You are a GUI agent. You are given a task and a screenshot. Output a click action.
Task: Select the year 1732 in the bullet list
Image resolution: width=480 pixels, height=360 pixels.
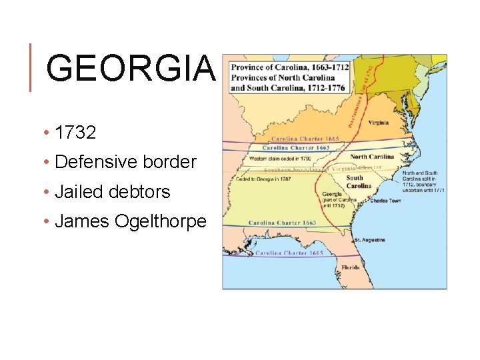pyautogui.click(x=76, y=133)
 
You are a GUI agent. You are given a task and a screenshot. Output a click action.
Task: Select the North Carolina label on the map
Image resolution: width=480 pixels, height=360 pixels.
pyautogui.click(x=372, y=157)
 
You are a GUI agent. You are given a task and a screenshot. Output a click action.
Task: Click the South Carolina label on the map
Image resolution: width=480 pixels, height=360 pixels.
pyautogui.click(x=355, y=181)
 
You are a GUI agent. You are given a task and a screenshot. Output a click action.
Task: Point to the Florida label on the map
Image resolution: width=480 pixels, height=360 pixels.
pyautogui.click(x=351, y=267)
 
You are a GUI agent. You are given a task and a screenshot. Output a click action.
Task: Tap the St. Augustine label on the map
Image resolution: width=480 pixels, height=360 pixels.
pyautogui.click(x=370, y=239)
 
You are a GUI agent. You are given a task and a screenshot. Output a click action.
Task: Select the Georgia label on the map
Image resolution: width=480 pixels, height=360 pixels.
pyautogui.click(x=333, y=194)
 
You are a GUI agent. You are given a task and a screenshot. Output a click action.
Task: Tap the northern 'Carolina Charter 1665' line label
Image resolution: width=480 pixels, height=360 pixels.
pyautogui.click(x=297, y=139)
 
